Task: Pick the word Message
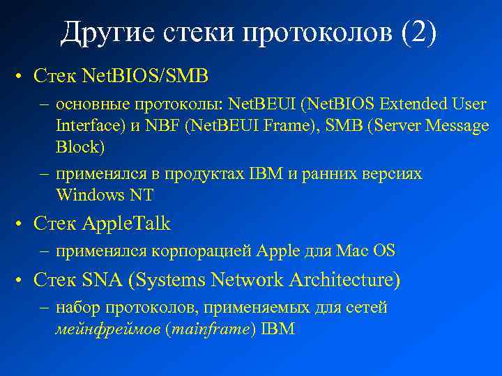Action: click(x=453, y=127)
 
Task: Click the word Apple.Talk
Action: click(x=126, y=224)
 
